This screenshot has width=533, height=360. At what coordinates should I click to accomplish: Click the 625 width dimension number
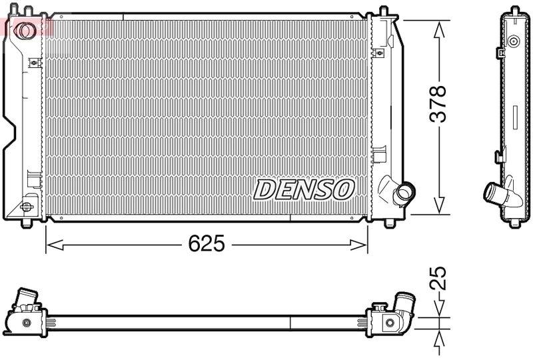coord(205,244)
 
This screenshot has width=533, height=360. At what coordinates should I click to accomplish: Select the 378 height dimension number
coord(438,103)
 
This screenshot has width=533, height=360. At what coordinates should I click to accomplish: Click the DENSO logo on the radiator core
coord(303,189)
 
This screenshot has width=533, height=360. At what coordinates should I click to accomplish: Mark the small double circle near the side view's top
coord(513,41)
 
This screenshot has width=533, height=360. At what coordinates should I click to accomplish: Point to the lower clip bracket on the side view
coord(499,157)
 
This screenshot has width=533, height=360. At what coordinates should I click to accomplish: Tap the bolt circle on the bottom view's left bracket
coord(27,323)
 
